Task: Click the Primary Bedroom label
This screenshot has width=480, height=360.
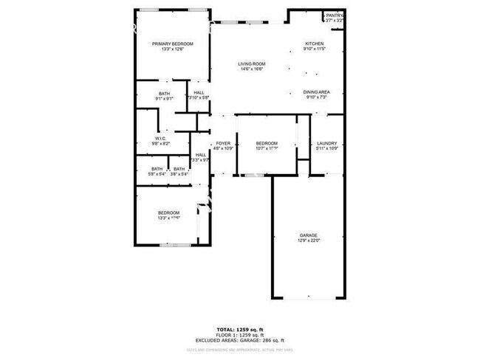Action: [168, 44]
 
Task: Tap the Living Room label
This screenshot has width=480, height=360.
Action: [251, 64]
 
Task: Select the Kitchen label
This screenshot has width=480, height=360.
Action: [315, 44]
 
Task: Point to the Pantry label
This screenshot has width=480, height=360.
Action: [335, 15]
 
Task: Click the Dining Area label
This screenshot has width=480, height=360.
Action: [316, 92]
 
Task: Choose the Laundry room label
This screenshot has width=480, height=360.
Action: [326, 143]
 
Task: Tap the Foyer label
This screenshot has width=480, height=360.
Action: [222, 143]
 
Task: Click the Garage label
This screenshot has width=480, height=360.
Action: [309, 236]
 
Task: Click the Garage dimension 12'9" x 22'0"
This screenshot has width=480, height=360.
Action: [309, 242]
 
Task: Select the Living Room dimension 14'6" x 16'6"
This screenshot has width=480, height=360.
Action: [251, 69]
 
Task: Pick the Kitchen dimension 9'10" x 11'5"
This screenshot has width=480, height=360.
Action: [315, 49]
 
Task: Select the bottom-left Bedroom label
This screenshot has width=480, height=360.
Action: [168, 213]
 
